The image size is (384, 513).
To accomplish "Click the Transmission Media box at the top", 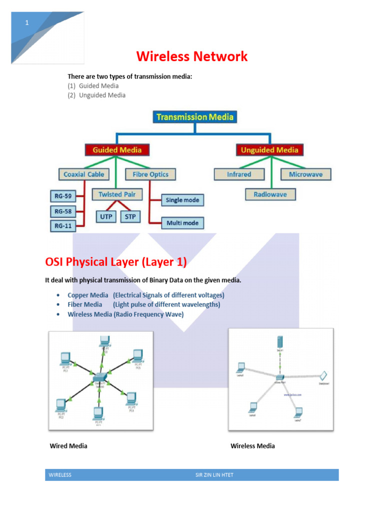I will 194,117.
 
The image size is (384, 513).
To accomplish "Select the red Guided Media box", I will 116,150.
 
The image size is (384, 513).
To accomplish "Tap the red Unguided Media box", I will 269,150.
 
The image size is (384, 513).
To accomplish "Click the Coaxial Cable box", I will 84,174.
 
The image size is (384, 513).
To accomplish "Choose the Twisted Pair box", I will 117,194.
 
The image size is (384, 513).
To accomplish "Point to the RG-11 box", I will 62,226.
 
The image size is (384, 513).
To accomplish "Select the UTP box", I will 105,216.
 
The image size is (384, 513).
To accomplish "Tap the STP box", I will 130,216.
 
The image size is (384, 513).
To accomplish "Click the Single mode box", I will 182,200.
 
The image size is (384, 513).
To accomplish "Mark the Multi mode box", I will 182,223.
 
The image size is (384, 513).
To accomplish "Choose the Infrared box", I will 239,174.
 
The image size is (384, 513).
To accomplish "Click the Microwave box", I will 305,174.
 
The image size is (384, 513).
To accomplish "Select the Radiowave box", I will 270,194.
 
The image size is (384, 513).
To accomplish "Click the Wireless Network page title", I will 191,57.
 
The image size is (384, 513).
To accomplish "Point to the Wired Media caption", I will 68,446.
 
